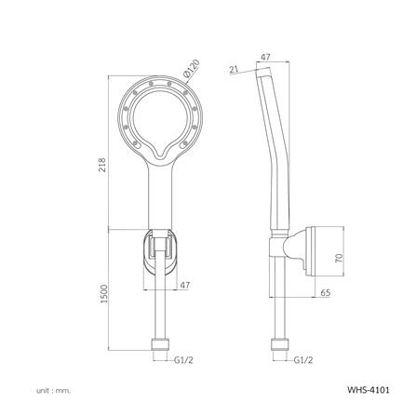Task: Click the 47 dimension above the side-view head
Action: pos(265,59)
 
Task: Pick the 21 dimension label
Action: pos(234,68)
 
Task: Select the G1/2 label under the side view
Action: pos(302,356)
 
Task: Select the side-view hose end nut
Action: pos(276,352)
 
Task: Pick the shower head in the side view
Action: pos(272,102)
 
